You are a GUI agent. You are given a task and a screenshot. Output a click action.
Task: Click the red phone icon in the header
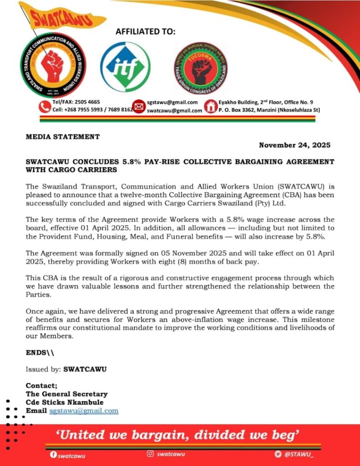click(x=45, y=106)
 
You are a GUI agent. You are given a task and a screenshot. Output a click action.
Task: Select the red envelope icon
click(x=138, y=106)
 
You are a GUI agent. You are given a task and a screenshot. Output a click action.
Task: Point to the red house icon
click(x=210, y=106)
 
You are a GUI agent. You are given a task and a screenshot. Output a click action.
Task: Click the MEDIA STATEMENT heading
click(x=62, y=136)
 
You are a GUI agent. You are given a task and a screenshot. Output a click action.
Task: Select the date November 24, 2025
click(x=294, y=145)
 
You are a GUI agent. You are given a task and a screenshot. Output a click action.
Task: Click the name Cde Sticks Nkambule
click(x=65, y=402)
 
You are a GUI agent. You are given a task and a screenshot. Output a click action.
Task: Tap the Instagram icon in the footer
click(x=150, y=454)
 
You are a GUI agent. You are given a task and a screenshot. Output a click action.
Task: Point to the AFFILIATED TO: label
click(x=145, y=31)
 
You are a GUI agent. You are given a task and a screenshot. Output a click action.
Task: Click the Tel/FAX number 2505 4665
click(x=85, y=102)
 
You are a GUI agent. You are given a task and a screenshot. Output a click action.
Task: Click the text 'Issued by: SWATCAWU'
click(x=66, y=369)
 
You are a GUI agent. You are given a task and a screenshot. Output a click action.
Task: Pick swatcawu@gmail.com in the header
click(x=174, y=111)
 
